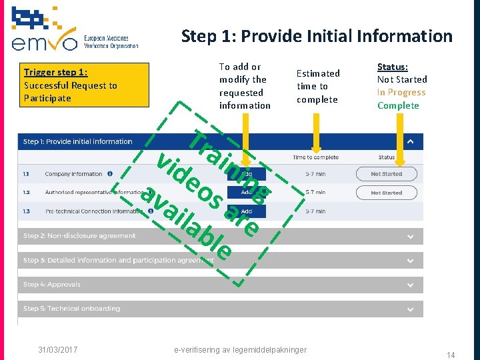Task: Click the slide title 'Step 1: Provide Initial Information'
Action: click(x=317, y=36)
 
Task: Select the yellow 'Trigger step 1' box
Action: click(x=83, y=85)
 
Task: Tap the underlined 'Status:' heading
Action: click(x=393, y=67)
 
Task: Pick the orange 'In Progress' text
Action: click(x=401, y=92)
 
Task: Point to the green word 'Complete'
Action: click(x=398, y=105)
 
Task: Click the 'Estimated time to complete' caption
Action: click(x=318, y=86)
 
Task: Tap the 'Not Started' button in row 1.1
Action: click(x=386, y=174)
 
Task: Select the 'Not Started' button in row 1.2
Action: click(x=386, y=193)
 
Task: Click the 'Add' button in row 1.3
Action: click(x=246, y=211)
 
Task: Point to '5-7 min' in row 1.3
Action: click(x=316, y=211)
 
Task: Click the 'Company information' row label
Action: click(x=73, y=174)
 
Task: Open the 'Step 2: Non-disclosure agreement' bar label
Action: click(x=79, y=236)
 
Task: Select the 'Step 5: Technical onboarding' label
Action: click(x=72, y=309)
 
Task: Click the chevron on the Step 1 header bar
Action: click(x=411, y=141)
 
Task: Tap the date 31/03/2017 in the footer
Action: click(x=57, y=349)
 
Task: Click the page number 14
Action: click(x=451, y=355)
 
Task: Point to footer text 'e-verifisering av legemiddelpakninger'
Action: click(x=240, y=349)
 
